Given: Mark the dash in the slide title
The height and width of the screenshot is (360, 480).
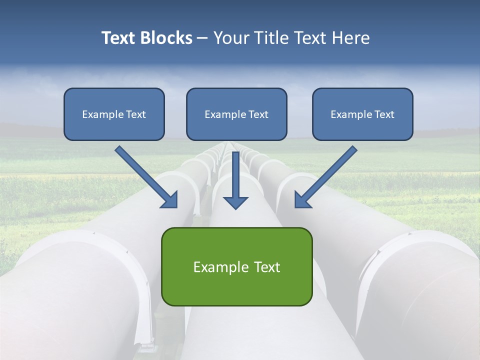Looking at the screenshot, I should pos(202,38).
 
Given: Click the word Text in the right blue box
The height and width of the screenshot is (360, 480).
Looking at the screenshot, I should pos(384,114).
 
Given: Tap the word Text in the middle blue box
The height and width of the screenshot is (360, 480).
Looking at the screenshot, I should pos(258,114).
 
